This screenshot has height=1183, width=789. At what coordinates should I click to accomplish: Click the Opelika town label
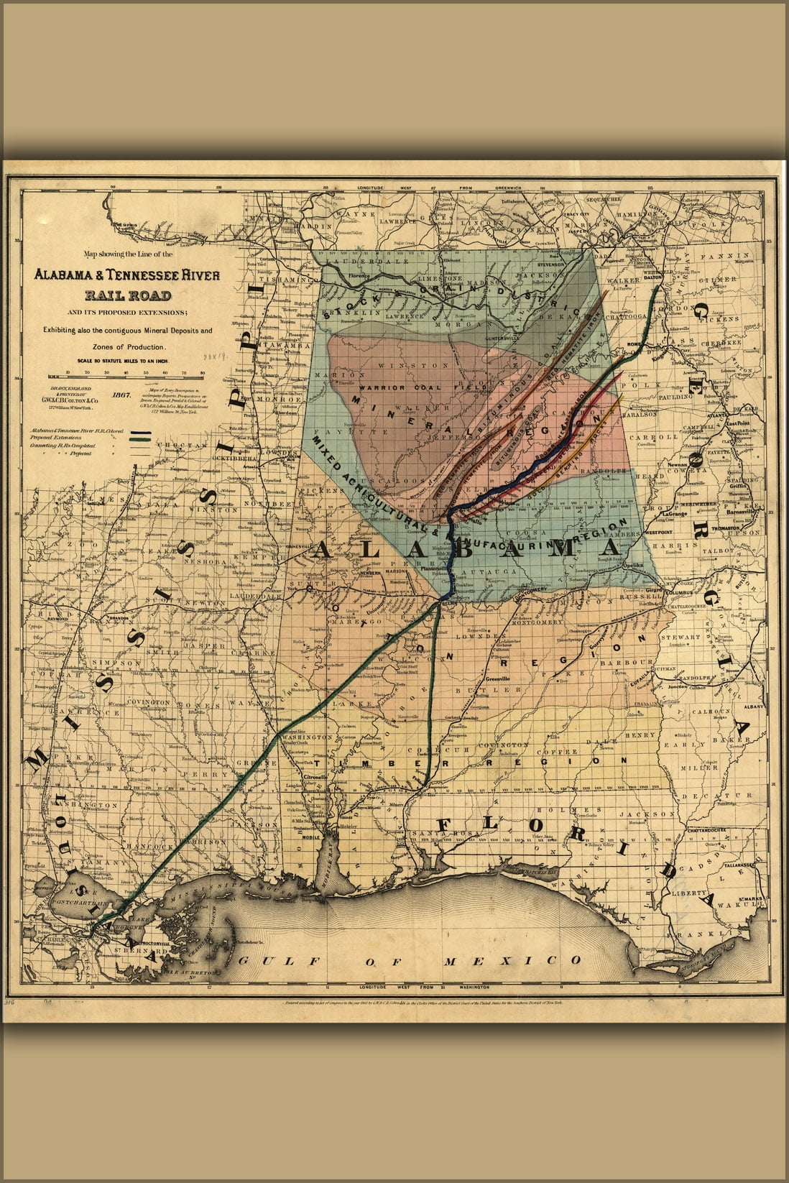pyautogui.click(x=632, y=566)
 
